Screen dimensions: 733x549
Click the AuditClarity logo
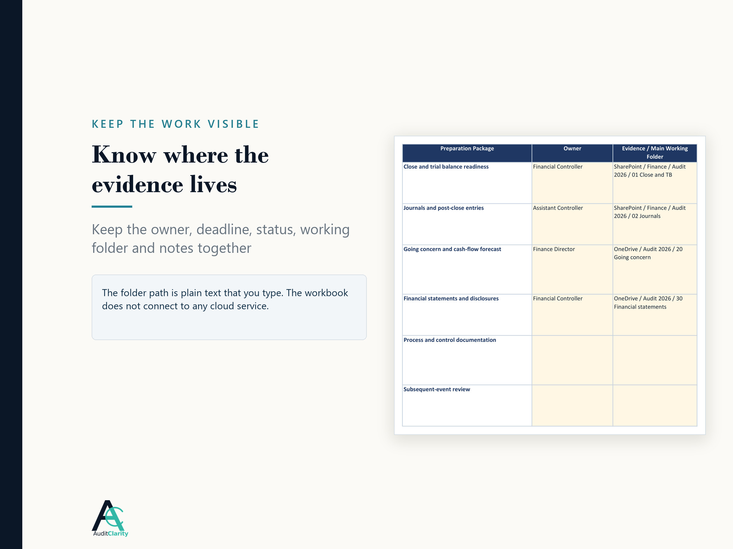point(110,518)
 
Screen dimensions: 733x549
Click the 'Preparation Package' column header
point(467,149)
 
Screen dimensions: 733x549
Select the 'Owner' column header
point(572,149)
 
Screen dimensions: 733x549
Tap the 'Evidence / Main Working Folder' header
point(655,152)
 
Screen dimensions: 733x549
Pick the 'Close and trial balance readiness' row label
point(446,167)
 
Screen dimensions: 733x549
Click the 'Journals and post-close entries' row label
point(443,208)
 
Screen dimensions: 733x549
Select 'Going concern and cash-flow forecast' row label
point(452,249)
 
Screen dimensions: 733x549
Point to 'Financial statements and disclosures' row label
point(451,299)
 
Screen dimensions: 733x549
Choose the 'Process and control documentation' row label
point(450,340)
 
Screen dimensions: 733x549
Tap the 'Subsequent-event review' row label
point(437,389)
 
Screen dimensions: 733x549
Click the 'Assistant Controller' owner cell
point(558,208)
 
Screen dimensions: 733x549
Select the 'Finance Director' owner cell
point(554,249)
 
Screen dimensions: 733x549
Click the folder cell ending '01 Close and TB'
point(650,171)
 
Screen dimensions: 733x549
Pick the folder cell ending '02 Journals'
point(650,212)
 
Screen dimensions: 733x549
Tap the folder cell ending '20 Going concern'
point(648,253)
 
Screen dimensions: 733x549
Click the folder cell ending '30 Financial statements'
point(648,303)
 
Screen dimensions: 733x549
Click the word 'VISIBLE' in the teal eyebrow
point(233,124)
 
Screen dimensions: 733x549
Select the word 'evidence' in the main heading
point(137,184)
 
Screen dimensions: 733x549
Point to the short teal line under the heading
point(112,206)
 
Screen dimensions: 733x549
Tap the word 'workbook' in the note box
point(326,293)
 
